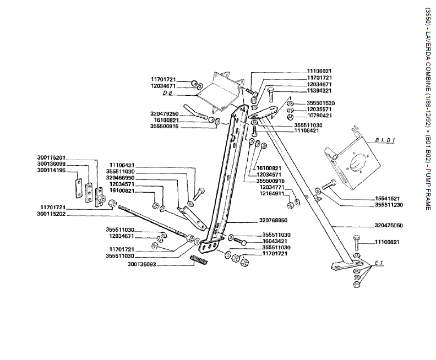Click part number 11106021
point(319,71)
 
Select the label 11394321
point(319,91)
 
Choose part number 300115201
point(52,157)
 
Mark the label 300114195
point(52,170)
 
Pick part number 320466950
point(121,178)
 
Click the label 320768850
point(273,220)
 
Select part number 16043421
point(273,241)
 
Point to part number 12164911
point(273,193)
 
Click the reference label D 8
point(168,93)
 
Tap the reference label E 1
point(379,264)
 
